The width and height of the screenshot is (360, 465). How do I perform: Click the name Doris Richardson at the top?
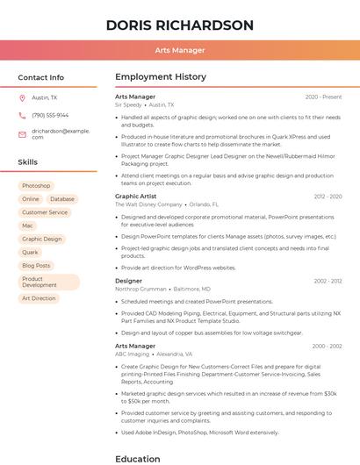(x=180, y=25)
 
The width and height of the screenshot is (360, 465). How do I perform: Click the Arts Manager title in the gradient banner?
(x=180, y=50)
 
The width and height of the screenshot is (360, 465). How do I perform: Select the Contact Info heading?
(x=40, y=77)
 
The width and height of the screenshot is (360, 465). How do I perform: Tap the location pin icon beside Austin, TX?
(x=22, y=97)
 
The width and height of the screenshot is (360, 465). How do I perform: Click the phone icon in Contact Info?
(x=22, y=115)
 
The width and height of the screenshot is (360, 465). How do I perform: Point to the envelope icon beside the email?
(x=22, y=134)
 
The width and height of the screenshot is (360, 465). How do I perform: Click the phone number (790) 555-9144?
(x=50, y=115)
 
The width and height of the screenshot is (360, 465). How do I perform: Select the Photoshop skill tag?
(x=36, y=186)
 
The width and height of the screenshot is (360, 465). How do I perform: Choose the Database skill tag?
(x=62, y=199)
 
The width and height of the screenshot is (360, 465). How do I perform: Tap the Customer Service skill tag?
(x=45, y=212)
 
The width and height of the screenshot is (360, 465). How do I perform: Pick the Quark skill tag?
(x=30, y=252)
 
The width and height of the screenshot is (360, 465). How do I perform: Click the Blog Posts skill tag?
(x=36, y=265)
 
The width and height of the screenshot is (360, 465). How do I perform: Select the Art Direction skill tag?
(x=39, y=298)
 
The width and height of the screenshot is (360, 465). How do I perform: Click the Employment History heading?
(x=161, y=77)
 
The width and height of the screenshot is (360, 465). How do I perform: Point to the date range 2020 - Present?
(x=323, y=97)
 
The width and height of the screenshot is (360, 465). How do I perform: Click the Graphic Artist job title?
(x=137, y=197)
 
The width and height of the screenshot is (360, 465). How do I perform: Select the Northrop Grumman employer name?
(x=140, y=289)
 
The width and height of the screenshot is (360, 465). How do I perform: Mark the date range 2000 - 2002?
(x=326, y=346)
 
